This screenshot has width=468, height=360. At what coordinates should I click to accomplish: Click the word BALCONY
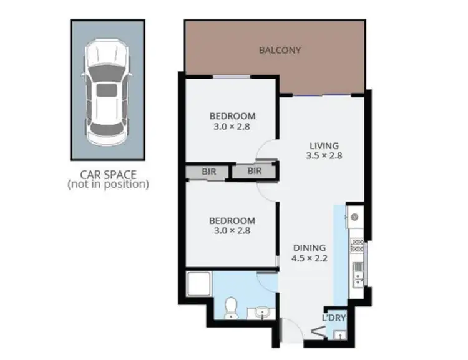pos(280,50)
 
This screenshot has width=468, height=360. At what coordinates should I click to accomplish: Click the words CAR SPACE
pos(107,174)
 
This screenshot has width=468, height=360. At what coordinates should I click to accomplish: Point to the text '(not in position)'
pos(107,184)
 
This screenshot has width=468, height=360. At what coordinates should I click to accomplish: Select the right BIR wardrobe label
pos(255,170)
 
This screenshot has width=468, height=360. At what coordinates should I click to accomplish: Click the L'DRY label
pos(334,318)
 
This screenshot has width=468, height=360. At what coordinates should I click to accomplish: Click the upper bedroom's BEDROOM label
pos(232,116)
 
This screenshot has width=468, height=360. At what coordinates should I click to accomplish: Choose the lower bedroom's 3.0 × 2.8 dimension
pos(232,231)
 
